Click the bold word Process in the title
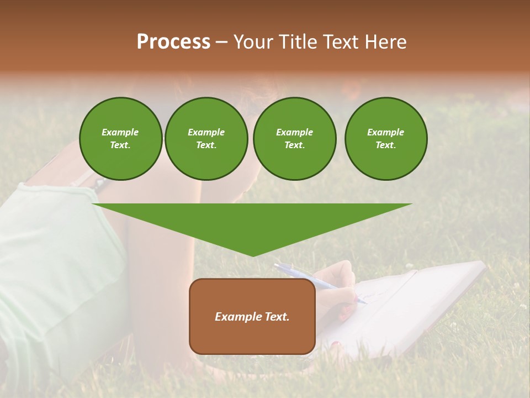(x=173, y=42)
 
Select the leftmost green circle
(x=121, y=139)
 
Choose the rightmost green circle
(x=386, y=139)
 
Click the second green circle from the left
(x=206, y=139)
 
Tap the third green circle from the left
(x=295, y=139)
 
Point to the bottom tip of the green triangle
(x=253, y=255)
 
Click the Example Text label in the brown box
(x=252, y=317)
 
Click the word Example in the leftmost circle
(x=120, y=132)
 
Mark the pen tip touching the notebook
(x=365, y=302)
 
